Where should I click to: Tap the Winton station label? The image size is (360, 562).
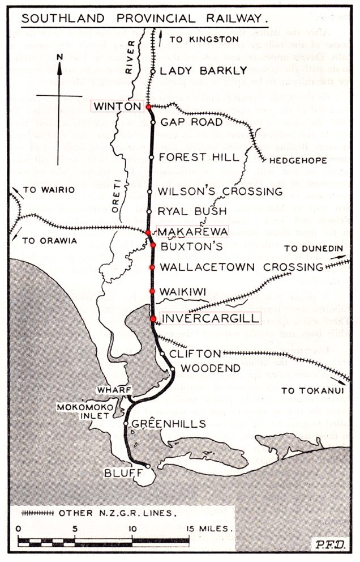click(x=117, y=106)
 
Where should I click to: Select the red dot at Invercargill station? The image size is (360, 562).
click(x=153, y=319)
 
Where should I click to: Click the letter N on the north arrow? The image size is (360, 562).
click(x=59, y=57)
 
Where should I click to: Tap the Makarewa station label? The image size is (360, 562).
click(x=192, y=232)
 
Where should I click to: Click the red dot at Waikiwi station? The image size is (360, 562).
click(x=152, y=291)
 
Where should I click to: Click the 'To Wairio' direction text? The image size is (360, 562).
click(x=46, y=190)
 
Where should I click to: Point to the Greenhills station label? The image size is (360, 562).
click(x=164, y=423)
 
